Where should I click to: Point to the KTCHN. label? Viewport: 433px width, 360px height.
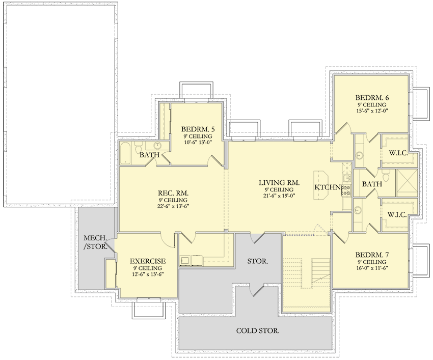point(327,187)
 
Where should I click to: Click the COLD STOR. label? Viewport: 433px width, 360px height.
point(258,331)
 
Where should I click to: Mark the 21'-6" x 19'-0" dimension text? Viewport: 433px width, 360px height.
point(278,196)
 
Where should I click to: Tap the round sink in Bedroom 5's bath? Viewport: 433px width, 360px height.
point(157,147)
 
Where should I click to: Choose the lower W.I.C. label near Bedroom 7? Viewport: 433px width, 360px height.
point(396,214)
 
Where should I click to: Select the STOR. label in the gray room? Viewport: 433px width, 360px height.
point(258,261)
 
